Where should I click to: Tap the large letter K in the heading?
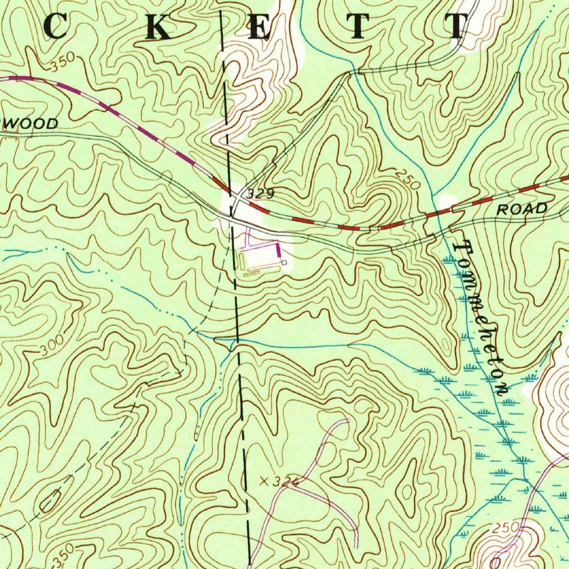[x=157, y=27]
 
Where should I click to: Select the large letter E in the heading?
[x=259, y=27]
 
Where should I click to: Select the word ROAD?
[x=521, y=209]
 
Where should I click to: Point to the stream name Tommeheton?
[x=481, y=317]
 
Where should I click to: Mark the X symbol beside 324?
[x=263, y=481]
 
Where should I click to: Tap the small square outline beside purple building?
[x=283, y=262]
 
